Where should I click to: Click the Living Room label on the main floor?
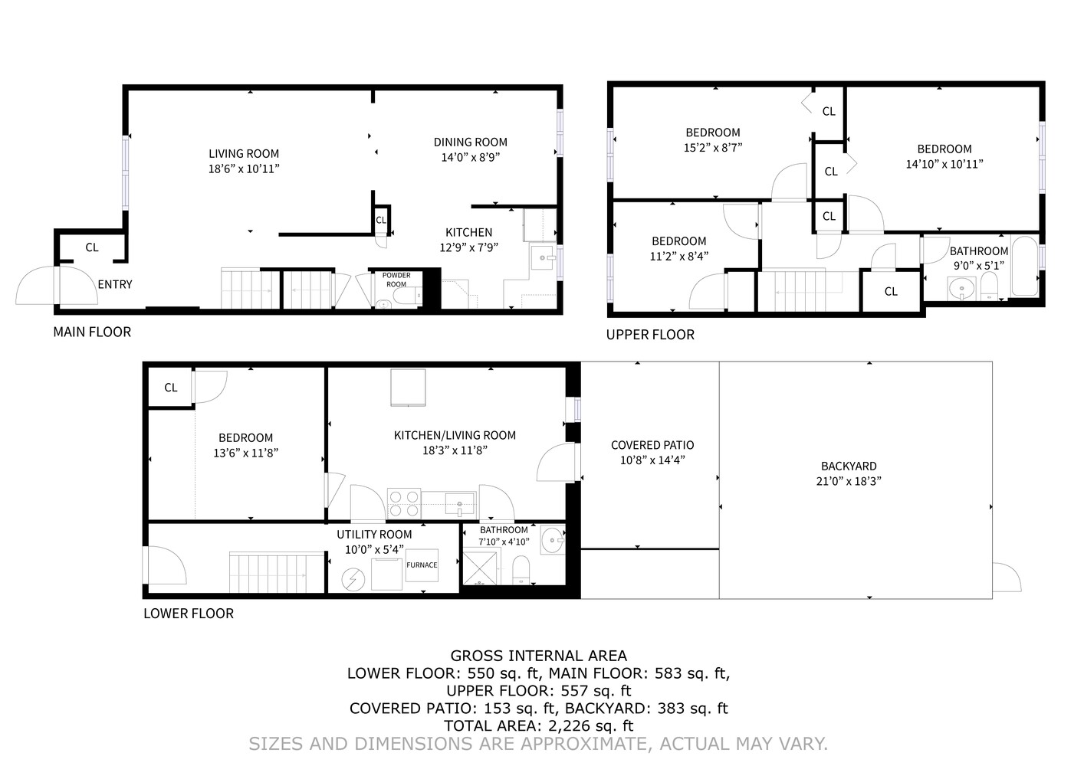tap(244, 153)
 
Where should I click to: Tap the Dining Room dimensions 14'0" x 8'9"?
tap(470, 158)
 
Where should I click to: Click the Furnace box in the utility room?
tap(422, 565)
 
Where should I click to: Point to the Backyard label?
tap(849, 466)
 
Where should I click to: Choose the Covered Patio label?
tap(652, 445)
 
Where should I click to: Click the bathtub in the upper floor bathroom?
tap(1024, 267)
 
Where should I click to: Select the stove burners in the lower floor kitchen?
tap(404, 503)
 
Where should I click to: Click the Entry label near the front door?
tap(115, 284)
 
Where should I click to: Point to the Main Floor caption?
tap(92, 332)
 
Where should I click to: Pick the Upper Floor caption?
tap(650, 335)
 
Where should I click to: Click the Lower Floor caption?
tap(189, 614)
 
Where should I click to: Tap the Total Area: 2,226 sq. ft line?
tap(538, 725)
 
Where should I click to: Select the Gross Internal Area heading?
tap(538, 656)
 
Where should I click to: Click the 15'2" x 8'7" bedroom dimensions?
tap(713, 148)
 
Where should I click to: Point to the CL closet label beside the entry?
tap(92, 247)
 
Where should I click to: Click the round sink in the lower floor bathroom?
tap(551, 541)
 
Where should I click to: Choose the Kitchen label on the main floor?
tap(469, 232)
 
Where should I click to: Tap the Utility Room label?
tap(374, 535)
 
